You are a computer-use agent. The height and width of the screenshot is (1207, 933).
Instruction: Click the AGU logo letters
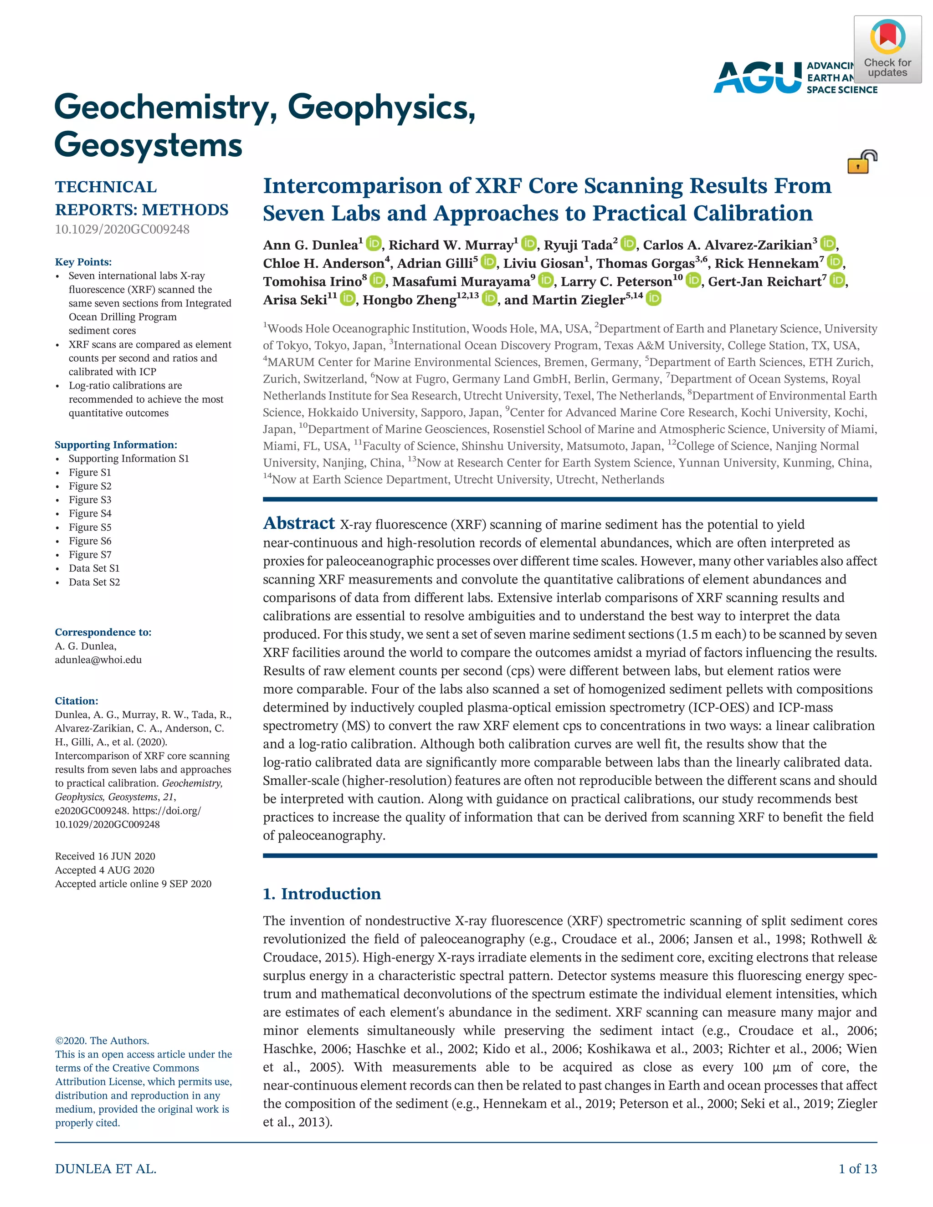(x=757, y=77)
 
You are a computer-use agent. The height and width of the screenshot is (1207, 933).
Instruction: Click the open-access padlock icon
(x=861, y=162)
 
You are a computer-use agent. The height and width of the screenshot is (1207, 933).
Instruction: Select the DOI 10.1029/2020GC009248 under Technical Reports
(x=122, y=230)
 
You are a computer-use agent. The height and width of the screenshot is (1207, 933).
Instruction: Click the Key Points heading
(x=83, y=262)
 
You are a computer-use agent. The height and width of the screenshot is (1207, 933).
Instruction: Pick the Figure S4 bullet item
(x=90, y=513)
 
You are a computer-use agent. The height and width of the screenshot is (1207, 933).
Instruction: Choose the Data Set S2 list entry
(x=94, y=582)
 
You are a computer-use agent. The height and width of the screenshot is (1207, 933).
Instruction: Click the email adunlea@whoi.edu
(x=98, y=660)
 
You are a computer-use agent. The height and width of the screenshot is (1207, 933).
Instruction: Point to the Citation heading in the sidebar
(x=76, y=701)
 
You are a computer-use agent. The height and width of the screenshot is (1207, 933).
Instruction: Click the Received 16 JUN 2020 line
(x=105, y=856)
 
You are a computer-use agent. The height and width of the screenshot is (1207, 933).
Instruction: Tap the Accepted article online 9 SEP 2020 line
(x=133, y=884)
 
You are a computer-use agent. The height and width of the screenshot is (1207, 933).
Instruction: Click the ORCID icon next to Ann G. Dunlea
(x=374, y=243)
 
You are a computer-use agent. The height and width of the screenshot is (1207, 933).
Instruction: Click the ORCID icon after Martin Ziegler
(x=653, y=299)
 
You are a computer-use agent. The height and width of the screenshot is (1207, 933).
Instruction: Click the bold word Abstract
(x=298, y=523)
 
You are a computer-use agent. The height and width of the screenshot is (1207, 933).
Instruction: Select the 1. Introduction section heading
(x=322, y=894)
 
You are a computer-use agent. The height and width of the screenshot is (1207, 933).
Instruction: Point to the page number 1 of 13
(x=857, y=1169)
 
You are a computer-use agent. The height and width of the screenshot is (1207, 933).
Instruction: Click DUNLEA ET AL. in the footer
(x=106, y=1169)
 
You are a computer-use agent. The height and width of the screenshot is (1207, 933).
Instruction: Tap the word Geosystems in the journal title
(x=148, y=145)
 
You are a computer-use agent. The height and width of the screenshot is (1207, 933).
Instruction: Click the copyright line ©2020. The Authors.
(x=102, y=1041)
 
